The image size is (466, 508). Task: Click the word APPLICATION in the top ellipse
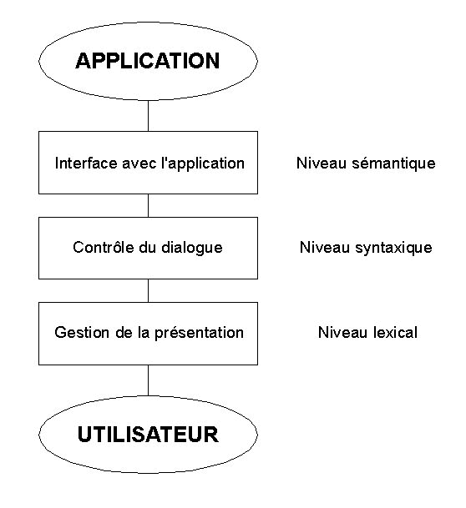coord(148,61)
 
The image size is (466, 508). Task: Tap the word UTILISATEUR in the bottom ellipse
coord(148,434)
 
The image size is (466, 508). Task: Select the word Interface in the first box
coord(86,163)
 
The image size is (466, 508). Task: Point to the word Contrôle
coord(104,247)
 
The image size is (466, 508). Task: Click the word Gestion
coord(82,332)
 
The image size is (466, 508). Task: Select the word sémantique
coord(393,163)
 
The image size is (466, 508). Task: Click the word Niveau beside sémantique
coord(322,163)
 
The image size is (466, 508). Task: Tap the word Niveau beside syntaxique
coord(325,248)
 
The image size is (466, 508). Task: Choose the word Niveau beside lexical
coord(343,332)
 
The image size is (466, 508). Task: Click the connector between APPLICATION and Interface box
coord(148,116)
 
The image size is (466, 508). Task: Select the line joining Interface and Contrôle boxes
coord(148,206)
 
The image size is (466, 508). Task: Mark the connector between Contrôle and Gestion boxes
coord(148,290)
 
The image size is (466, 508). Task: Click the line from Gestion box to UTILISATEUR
coord(148,380)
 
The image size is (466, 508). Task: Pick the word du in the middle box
coord(148,248)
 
